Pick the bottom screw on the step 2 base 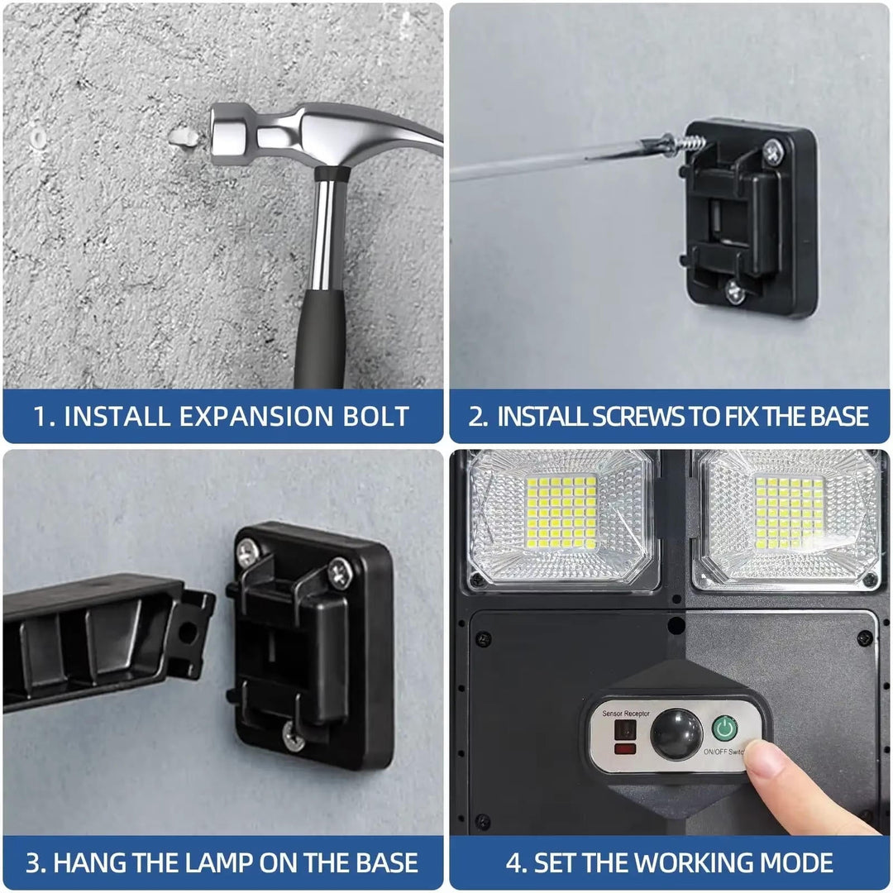[733, 290]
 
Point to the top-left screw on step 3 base [248, 552]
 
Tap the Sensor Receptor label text [626, 713]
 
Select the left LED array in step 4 [562, 513]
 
